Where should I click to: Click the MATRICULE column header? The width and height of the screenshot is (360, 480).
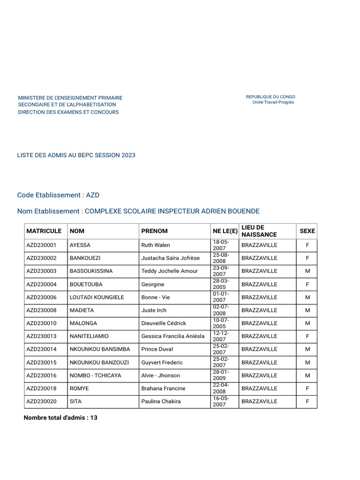(44, 231)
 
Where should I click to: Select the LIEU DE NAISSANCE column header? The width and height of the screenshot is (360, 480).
(259, 231)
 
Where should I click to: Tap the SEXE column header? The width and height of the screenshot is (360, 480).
(307, 231)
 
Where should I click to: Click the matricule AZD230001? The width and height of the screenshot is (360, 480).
(41, 245)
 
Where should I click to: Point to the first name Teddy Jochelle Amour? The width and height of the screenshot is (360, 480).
(169, 271)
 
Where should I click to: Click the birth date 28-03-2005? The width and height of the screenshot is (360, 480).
(221, 284)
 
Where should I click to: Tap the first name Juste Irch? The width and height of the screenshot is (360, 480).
(154, 310)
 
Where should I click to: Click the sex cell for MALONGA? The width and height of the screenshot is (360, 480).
(307, 323)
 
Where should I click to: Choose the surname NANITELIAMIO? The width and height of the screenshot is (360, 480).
(89, 336)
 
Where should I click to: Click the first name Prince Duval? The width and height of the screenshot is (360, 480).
(157, 349)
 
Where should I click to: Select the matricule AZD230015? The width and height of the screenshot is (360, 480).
(41, 362)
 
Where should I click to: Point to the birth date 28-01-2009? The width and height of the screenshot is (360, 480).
(221, 375)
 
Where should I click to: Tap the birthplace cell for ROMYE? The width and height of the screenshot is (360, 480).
(259, 389)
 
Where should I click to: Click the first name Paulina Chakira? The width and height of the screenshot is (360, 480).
(161, 401)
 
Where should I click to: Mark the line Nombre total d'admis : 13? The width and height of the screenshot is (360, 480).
(60, 417)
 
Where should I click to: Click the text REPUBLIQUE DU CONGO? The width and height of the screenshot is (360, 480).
(270, 97)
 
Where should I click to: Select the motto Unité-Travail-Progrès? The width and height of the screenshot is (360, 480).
(273, 102)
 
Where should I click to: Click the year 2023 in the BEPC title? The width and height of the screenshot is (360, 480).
(128, 155)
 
